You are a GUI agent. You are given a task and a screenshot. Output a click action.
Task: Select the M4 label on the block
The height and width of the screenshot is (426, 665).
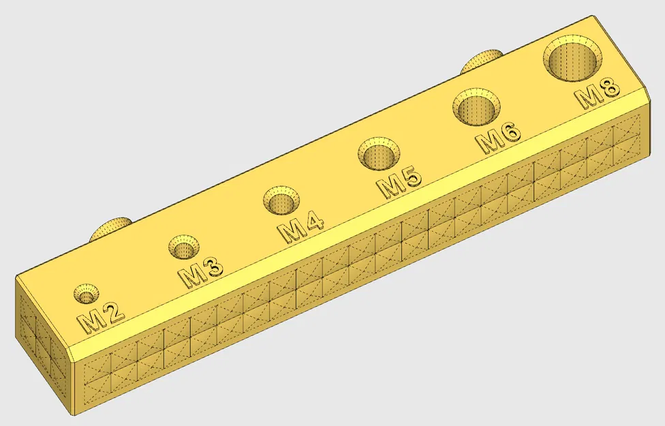click(x=300, y=227)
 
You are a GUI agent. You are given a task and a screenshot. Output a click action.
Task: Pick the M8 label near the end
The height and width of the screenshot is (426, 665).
click(x=599, y=94)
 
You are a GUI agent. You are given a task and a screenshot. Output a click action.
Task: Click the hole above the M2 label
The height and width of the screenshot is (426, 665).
click(x=87, y=293)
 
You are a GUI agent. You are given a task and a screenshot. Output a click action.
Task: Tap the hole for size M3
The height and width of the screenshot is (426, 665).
click(x=184, y=247)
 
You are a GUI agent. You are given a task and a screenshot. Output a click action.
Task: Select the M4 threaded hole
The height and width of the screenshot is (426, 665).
click(x=281, y=200)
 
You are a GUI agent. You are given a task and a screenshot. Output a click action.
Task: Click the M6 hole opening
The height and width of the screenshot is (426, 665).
click(x=476, y=107)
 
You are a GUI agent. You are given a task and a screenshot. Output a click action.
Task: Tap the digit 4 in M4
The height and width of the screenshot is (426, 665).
click(x=312, y=222)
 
